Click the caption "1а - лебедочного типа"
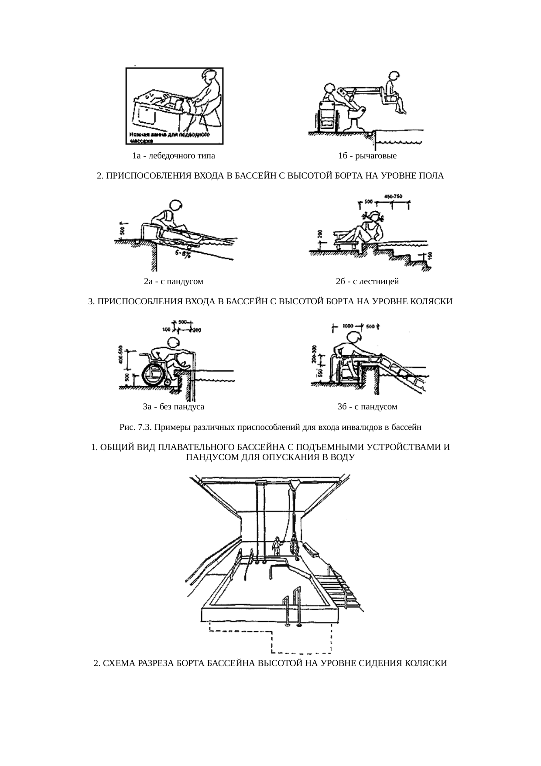coord(174,156)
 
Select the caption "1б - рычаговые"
coord(367,156)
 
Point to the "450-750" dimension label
coord(393,196)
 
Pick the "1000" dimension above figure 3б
coord(348,326)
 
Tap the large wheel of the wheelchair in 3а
coord(154,373)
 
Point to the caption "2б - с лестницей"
coord(367,282)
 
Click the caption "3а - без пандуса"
coord(174,407)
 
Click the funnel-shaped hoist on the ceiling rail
coord(295,484)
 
